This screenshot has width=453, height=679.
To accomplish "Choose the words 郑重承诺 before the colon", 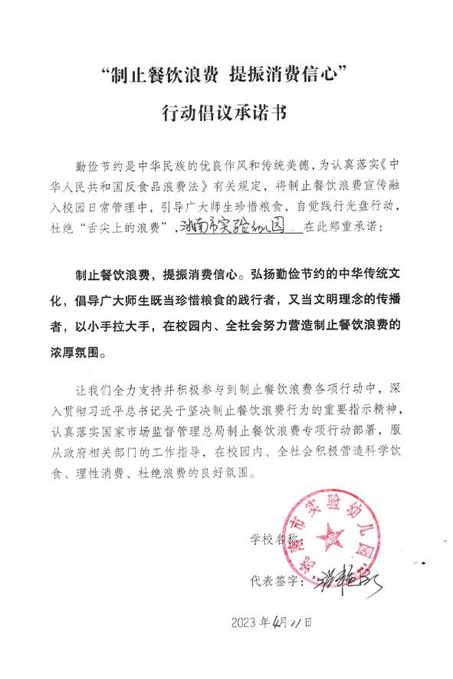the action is [357, 228].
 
